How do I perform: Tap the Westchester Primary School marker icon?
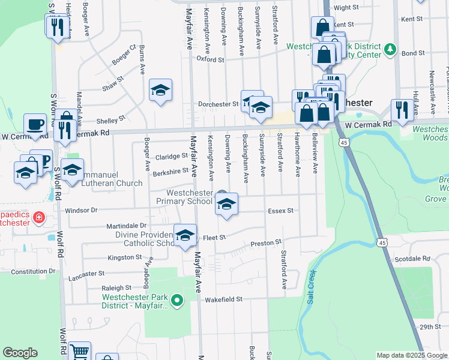[226, 204]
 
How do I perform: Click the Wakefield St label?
[223, 299]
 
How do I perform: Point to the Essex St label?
[280, 211]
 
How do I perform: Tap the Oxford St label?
[211, 59]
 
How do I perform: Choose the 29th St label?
[430, 327]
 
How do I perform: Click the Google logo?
[20, 353]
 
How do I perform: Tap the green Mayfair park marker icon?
[177, 300]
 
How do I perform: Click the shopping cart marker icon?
[79, 352]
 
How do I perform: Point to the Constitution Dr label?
[32, 272]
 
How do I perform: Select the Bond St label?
[414, 53]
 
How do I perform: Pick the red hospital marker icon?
[38, 217]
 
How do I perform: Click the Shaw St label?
[112, 83]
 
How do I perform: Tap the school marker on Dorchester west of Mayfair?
[160, 90]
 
